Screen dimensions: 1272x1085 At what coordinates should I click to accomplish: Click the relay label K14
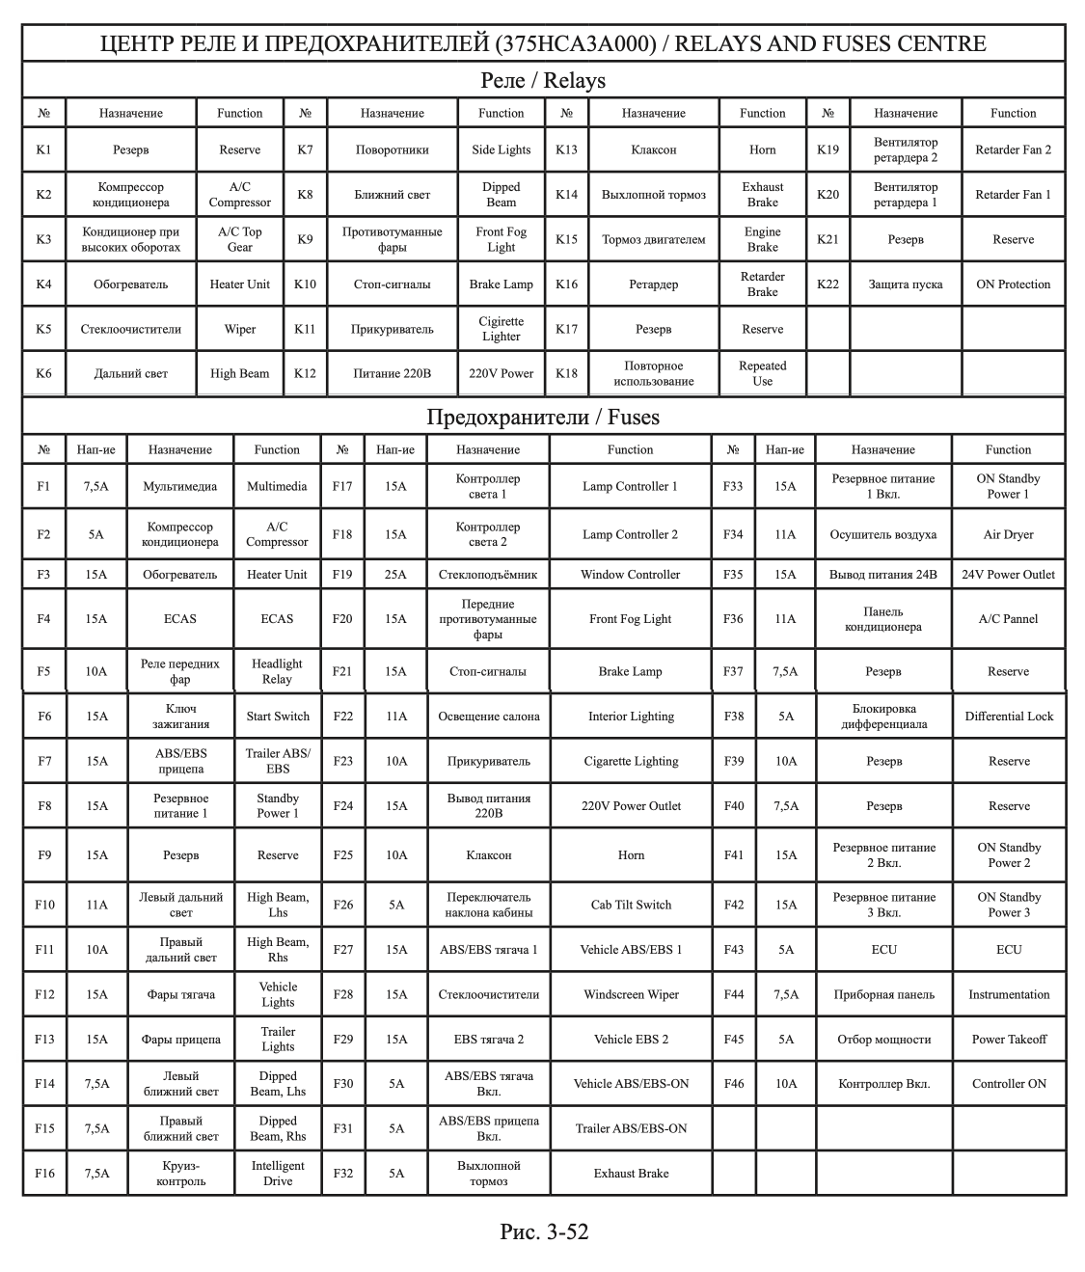(566, 195)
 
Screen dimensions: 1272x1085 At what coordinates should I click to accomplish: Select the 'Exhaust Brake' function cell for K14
(762, 195)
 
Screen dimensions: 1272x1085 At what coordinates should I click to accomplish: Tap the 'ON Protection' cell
(1013, 284)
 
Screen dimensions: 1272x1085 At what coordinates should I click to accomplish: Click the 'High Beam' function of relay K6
(239, 374)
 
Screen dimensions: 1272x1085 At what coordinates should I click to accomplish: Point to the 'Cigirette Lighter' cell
(501, 329)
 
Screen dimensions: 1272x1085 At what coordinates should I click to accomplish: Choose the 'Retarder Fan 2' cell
(1013, 149)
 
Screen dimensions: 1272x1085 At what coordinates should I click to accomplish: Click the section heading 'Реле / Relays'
(543, 80)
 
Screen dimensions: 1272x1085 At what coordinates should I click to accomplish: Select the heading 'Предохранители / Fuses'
(543, 418)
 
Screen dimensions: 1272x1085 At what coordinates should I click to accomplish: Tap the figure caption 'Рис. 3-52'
(544, 1231)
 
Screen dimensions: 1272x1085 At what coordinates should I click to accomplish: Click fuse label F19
(342, 575)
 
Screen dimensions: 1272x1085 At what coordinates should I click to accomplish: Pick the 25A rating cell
(395, 575)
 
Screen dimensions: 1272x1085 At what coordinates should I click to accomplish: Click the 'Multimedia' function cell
(277, 487)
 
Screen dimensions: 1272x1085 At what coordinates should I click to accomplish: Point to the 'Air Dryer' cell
(1008, 534)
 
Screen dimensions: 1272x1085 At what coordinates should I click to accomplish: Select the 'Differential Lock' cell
(1009, 717)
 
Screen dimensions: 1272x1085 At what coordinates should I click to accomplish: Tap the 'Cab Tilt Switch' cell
(631, 905)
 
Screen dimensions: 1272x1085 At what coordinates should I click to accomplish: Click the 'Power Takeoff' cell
(1009, 1040)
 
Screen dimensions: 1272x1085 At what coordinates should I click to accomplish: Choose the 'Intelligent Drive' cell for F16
(278, 1174)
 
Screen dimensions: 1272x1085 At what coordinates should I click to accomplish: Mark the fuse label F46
(734, 1084)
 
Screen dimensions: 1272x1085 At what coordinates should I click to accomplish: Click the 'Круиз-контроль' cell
(180, 1174)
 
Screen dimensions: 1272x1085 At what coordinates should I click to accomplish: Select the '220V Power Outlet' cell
(631, 806)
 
